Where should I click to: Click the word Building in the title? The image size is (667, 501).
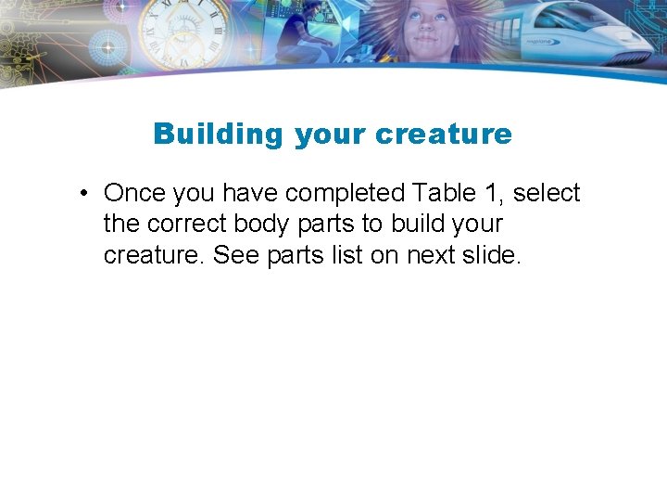(x=218, y=135)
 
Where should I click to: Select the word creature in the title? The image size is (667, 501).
(x=444, y=135)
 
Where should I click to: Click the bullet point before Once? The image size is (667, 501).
(x=83, y=194)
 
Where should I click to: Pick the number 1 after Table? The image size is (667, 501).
(x=494, y=193)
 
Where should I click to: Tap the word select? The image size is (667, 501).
(x=547, y=193)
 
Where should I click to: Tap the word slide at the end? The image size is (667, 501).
(x=493, y=254)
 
